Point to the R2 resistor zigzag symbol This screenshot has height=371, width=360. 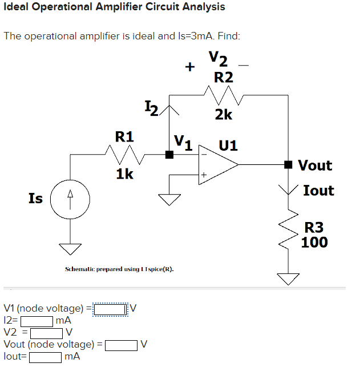[220, 91]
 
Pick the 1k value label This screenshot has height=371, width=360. [125, 174]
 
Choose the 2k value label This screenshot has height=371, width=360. [223, 115]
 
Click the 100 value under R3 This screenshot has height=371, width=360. [314, 243]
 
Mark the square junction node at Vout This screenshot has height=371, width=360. [289, 164]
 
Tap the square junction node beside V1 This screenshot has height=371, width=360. [169, 154]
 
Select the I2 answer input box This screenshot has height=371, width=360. [37, 321]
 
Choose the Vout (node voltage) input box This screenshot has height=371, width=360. [121, 344]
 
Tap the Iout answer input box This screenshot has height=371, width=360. [46, 357]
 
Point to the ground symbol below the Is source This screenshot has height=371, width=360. [71, 249]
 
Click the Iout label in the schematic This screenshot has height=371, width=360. [318, 191]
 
